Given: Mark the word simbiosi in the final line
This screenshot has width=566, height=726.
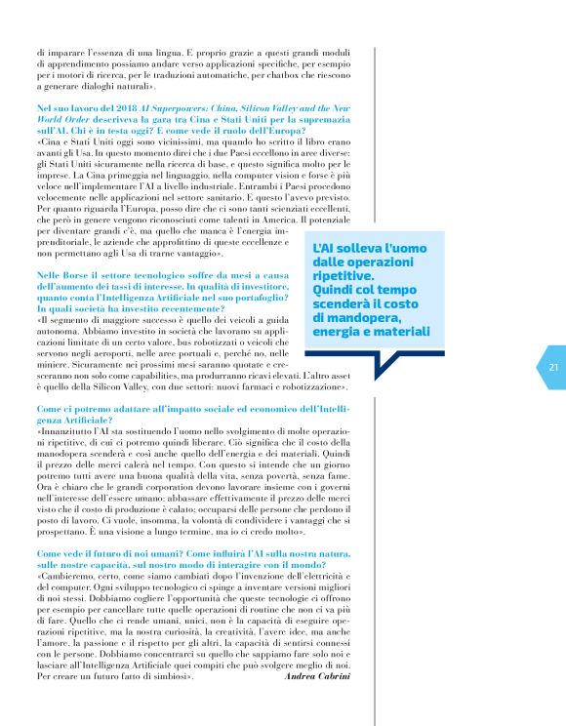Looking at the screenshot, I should (x=167, y=675).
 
